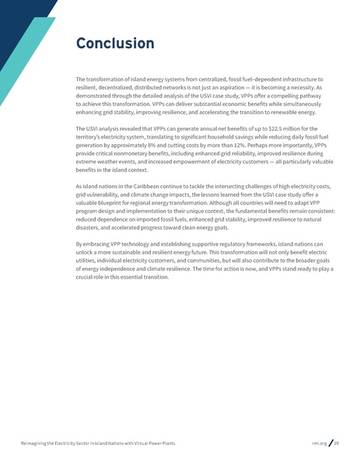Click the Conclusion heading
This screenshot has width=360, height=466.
click(114, 44)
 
